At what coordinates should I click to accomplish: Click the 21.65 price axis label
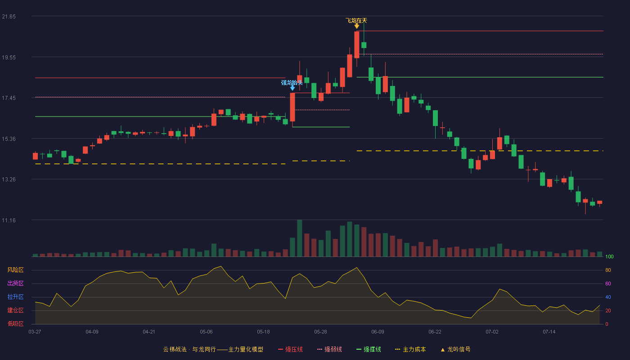9,17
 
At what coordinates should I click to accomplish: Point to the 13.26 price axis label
9,180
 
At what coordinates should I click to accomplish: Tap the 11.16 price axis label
9,220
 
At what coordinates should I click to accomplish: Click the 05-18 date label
263,332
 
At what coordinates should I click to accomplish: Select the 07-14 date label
549,332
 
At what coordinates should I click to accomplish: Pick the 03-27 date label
35,332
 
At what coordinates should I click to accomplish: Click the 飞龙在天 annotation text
356,21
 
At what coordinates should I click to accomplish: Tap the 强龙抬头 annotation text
292,82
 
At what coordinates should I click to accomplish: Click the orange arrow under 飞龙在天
356,26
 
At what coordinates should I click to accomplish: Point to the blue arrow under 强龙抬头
292,88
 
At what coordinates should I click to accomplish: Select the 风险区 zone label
15,270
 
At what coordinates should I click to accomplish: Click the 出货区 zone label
15,283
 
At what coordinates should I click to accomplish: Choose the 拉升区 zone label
15,297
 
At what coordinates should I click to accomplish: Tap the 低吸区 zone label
15,324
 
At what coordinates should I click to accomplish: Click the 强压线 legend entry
290,349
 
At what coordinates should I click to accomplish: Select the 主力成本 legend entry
410,349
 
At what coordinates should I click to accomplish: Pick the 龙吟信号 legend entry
455,349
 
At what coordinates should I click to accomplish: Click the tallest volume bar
300,238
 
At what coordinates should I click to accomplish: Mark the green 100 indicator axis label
609,256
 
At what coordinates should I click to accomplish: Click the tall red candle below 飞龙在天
356,45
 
